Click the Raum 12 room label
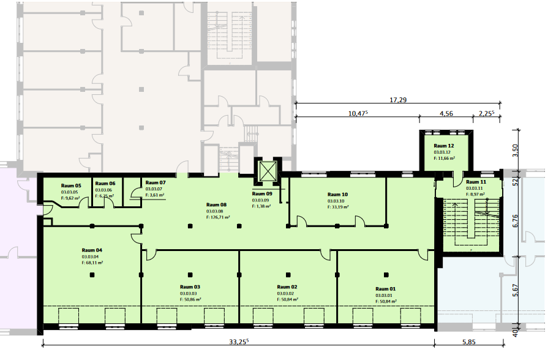coord(443,146)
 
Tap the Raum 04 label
coord(92,250)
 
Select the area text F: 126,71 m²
coord(218,217)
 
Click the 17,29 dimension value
coord(398,100)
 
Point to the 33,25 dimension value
coord(239,342)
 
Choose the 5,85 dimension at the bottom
coord(469,342)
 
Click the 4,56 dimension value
coord(446,113)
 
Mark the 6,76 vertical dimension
coord(515,221)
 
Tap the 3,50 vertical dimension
coord(515,151)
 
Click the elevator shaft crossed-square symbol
coord(268,171)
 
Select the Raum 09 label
coord(262,193)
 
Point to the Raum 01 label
coord(385,289)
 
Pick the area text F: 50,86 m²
coord(190,299)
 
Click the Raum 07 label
coord(156,182)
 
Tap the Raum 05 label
coord(71,186)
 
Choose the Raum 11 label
coord(476,182)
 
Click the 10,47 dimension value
coord(358,113)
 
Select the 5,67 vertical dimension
coord(515,290)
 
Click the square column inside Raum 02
coord(288,275)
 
